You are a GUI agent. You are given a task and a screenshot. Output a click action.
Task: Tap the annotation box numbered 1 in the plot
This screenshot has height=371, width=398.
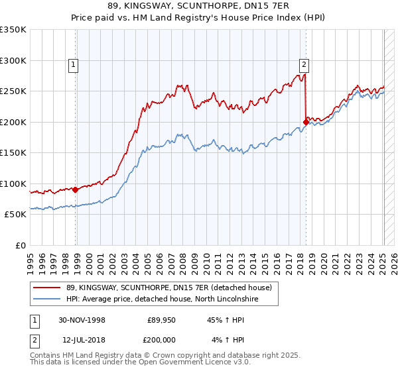click(x=72, y=65)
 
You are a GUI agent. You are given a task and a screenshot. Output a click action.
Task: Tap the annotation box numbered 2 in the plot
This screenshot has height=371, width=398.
click(x=303, y=65)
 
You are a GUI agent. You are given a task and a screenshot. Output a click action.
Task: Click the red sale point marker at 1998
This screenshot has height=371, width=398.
click(x=76, y=189)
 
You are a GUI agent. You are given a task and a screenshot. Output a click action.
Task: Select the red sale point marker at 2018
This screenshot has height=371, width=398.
click(x=306, y=122)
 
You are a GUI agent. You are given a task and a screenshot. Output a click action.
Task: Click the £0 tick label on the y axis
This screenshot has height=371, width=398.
click(x=21, y=246)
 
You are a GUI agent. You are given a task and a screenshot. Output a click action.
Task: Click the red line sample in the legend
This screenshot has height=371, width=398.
click(x=47, y=288)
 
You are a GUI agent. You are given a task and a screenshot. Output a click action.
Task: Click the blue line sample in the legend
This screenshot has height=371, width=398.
click(x=47, y=299)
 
